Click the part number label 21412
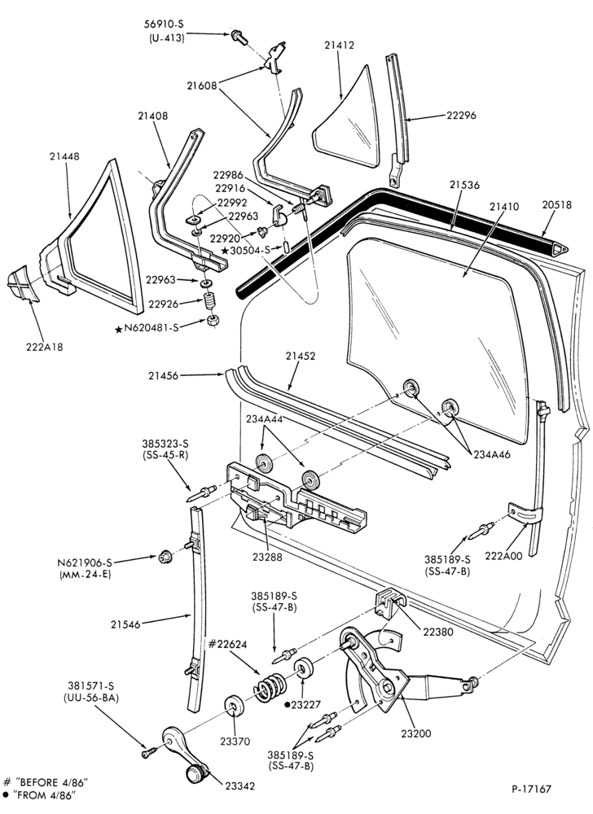(339, 45)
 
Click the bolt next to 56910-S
(239, 37)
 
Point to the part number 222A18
(45, 347)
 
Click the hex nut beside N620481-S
(212, 320)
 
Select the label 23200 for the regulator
(416, 733)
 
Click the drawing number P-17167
(531, 789)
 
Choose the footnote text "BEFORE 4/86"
(51, 781)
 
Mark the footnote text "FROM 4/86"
(45, 794)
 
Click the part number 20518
(557, 206)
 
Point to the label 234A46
(492, 454)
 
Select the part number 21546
(125, 624)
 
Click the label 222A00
(503, 555)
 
